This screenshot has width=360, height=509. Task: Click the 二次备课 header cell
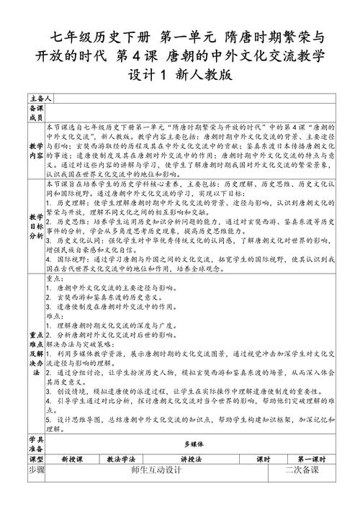[301, 470]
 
